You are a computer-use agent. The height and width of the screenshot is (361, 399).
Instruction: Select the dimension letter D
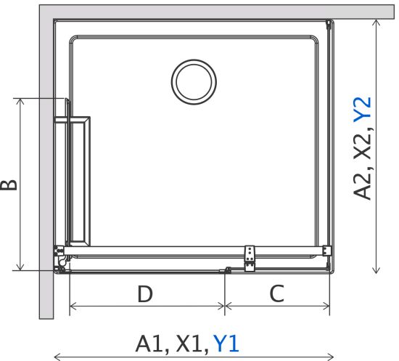click(145, 293)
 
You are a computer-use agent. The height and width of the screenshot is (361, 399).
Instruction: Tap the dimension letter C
click(277, 293)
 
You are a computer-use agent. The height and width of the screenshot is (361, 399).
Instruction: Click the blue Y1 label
click(226, 344)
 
